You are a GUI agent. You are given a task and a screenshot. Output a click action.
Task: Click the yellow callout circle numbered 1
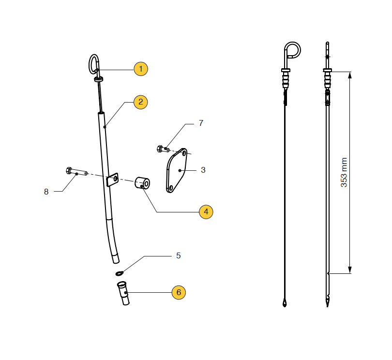coord(141,69)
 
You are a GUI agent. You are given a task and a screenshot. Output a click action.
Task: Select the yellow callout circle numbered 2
coord(141,102)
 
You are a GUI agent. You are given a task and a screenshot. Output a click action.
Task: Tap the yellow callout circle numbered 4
coord(206,212)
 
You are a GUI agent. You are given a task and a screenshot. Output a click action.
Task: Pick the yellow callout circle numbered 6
coord(179,292)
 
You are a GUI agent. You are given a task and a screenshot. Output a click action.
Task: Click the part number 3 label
coord(203,170)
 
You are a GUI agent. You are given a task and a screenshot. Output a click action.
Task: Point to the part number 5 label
coord(178,255)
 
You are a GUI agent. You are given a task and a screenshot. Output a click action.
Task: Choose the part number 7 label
coord(201,123)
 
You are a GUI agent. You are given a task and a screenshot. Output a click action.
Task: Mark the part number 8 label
coord(46,192)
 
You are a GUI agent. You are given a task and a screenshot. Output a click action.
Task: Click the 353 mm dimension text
coord(344,172)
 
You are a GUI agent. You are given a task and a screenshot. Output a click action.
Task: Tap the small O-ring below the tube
coord(119,273)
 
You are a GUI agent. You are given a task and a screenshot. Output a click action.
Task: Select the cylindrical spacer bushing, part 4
coord(142,183)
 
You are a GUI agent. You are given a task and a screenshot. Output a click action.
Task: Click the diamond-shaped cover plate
coord(177,170)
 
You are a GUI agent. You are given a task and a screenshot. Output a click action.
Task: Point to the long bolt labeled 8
coord(76,171)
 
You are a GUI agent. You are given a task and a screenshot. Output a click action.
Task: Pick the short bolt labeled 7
coord(163,149)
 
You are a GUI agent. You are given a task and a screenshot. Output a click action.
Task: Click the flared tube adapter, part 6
coord(123,293)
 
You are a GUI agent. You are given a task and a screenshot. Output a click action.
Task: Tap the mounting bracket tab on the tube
coord(112,180)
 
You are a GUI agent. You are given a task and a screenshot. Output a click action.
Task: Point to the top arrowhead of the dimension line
coord(350,75)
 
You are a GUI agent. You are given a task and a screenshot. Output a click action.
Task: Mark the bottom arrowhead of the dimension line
coord(350,270)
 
